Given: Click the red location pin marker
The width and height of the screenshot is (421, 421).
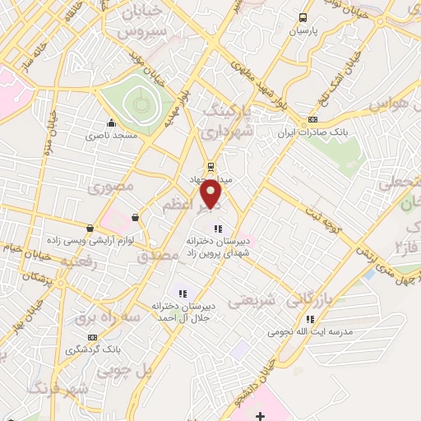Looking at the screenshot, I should coord(212,193).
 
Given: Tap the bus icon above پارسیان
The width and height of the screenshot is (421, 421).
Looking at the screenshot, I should coord(303,17).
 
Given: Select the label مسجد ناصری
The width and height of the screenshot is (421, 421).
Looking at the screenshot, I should coord(114,134).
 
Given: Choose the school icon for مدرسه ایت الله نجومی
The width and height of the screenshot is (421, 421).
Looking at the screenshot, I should coord(310,319).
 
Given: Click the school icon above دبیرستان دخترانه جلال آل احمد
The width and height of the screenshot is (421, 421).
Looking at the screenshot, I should coord(183,293).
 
